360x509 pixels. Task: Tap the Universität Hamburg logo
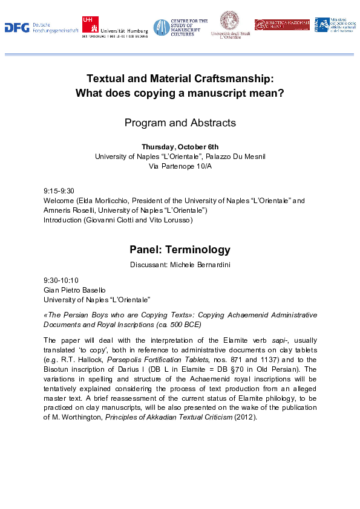click(x=115, y=27)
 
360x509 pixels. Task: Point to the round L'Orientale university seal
click(x=229, y=21)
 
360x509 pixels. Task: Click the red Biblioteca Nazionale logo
click(x=281, y=24)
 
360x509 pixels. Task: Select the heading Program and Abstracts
click(x=180, y=123)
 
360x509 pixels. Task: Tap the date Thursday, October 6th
click(x=180, y=147)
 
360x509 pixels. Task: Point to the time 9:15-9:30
click(x=59, y=191)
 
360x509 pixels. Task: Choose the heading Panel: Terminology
click(x=180, y=250)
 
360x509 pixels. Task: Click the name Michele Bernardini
click(x=203, y=265)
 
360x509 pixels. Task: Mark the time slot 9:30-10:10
click(x=61, y=280)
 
